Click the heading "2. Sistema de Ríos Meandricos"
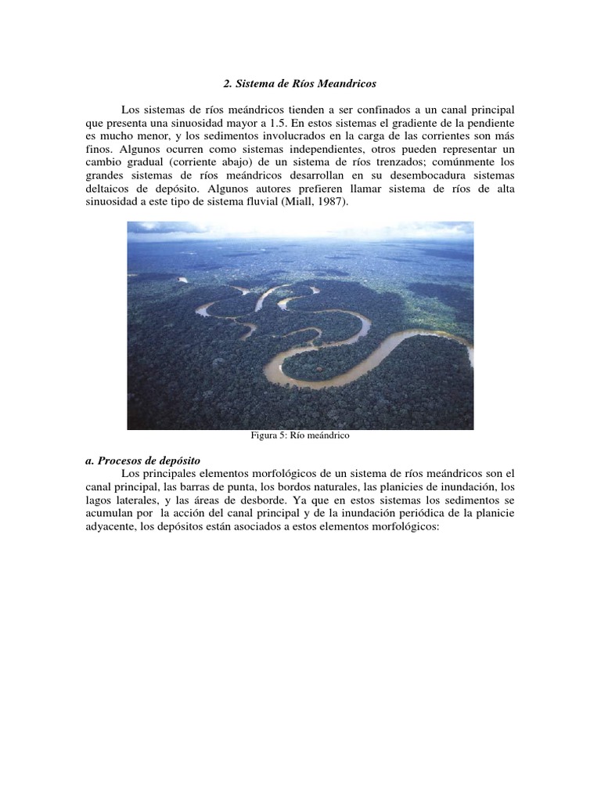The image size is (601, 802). click(x=300, y=83)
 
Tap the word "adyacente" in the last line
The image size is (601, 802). click(x=110, y=527)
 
